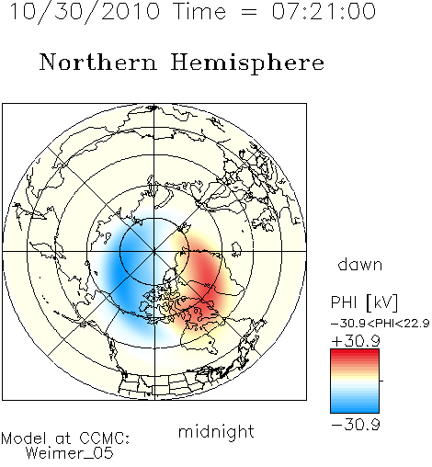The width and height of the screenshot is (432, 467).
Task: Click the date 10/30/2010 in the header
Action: pyautogui.click(x=85, y=12)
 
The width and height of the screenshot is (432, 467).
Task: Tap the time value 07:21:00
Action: pyautogui.click(x=324, y=11)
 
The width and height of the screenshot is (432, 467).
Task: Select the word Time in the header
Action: pyautogui.click(x=199, y=11)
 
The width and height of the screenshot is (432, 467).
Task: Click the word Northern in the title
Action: pyautogui.click(x=98, y=62)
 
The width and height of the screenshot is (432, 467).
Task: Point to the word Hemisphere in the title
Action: pyautogui.click(x=247, y=63)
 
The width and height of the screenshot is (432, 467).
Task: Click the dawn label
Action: pyautogui.click(x=360, y=264)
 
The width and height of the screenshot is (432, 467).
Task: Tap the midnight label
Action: pyautogui.click(x=216, y=431)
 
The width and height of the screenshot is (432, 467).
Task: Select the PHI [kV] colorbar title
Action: pyautogui.click(x=364, y=302)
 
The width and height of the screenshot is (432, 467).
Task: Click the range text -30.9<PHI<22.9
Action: pyautogui.click(x=380, y=324)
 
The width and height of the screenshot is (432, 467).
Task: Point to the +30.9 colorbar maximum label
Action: pyautogui.click(x=356, y=341)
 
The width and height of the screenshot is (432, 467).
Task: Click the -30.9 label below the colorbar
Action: pyautogui.click(x=356, y=425)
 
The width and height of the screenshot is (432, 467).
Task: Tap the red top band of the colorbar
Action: pyautogui.click(x=355, y=353)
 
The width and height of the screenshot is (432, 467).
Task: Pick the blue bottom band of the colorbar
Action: pyautogui.click(x=355, y=408)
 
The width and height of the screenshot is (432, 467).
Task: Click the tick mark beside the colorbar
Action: pyautogui.click(x=381, y=381)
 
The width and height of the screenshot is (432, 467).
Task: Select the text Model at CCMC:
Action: pyautogui.click(x=65, y=439)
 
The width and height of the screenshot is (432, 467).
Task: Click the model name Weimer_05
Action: pyautogui.click(x=70, y=453)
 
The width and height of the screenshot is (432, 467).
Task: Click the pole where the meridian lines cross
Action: pyautogui.click(x=154, y=251)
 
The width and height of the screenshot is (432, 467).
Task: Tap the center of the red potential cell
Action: pyautogui.click(x=205, y=285)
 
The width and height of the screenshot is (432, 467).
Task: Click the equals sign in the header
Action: pyautogui.click(x=249, y=12)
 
